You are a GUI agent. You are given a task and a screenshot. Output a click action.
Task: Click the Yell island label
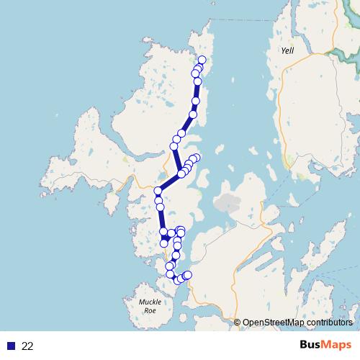(x=288, y=51)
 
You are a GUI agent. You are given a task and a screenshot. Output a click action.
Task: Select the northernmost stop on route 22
(x=202, y=60)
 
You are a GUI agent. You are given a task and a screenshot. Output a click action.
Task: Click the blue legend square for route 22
(x=11, y=346)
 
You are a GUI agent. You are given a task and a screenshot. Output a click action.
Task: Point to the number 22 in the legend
(x=27, y=346)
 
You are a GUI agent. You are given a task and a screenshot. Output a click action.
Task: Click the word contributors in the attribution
(x=328, y=323)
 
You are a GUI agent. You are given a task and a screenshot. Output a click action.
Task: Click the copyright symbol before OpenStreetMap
(x=238, y=323)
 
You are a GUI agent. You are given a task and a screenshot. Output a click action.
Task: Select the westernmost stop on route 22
(x=158, y=191)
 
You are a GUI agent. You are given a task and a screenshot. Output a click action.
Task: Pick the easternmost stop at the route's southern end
(x=188, y=274)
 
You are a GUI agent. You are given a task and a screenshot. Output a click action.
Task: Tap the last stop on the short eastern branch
(x=196, y=158)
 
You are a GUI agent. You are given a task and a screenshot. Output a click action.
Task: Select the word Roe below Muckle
(x=150, y=311)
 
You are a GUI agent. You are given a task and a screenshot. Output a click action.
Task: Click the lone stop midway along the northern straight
(x=193, y=114)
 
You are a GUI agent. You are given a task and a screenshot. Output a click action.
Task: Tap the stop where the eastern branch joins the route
(x=181, y=174)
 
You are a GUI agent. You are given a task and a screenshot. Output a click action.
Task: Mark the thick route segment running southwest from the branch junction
(x=170, y=182)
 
